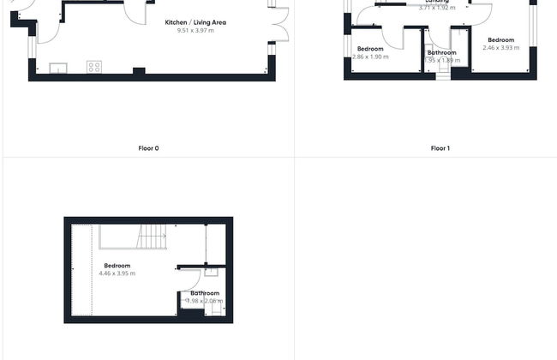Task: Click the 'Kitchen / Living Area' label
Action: pos(195,22)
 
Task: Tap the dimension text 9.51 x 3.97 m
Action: pos(195,31)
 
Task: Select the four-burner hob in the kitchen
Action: pos(93,67)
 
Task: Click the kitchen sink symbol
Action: pos(58,67)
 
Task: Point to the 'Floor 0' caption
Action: pos(148,148)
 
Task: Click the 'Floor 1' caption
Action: pos(440,148)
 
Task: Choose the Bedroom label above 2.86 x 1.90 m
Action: pos(370,49)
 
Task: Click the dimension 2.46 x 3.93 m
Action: pos(500,48)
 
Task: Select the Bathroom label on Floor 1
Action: pos(441,52)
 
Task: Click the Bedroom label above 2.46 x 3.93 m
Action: pos(500,40)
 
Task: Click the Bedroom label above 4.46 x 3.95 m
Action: pos(117,266)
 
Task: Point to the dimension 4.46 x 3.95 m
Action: pos(117,273)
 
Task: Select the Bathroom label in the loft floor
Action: pos(206,293)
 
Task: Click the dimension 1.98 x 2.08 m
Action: pos(206,301)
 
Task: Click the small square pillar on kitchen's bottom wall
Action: pos(139,70)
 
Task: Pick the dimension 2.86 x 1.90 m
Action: pos(370,57)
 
